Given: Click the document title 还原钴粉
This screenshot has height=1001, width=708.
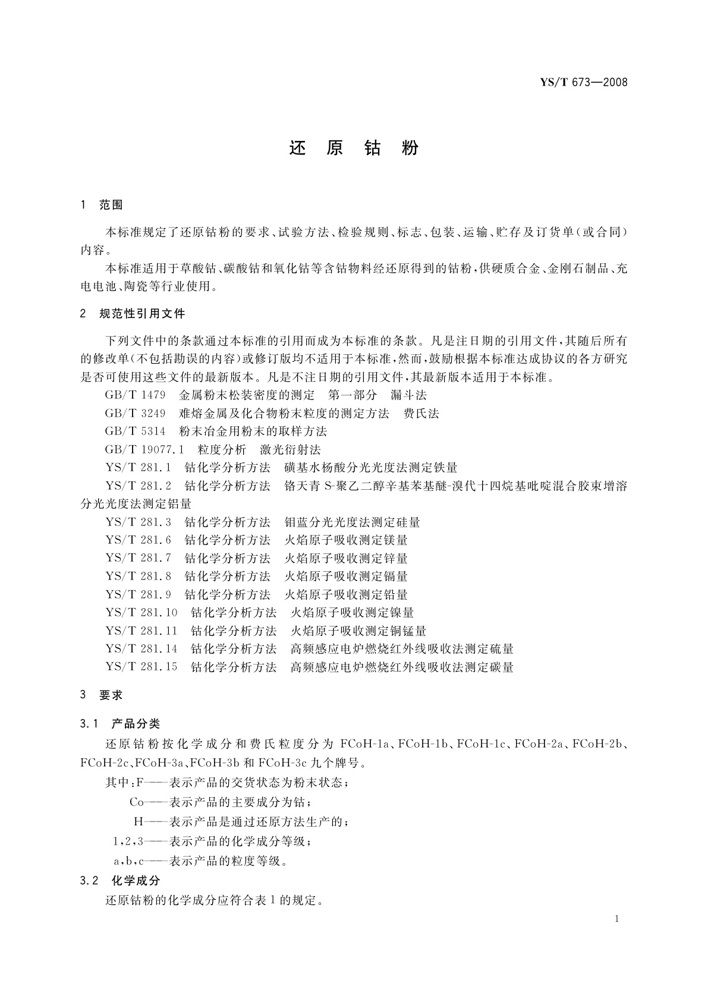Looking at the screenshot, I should (354, 148).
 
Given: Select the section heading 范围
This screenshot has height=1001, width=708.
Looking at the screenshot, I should (111, 206).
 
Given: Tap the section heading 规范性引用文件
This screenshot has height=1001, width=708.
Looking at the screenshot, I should (142, 314).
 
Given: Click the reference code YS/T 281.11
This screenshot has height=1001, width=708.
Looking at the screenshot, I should (141, 631).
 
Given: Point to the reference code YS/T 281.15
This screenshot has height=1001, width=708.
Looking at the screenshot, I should (141, 667).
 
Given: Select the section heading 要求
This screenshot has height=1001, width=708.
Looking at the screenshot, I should (111, 695).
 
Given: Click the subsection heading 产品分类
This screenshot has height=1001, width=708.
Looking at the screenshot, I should (136, 724).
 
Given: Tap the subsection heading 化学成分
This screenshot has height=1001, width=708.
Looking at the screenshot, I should (136, 881).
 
